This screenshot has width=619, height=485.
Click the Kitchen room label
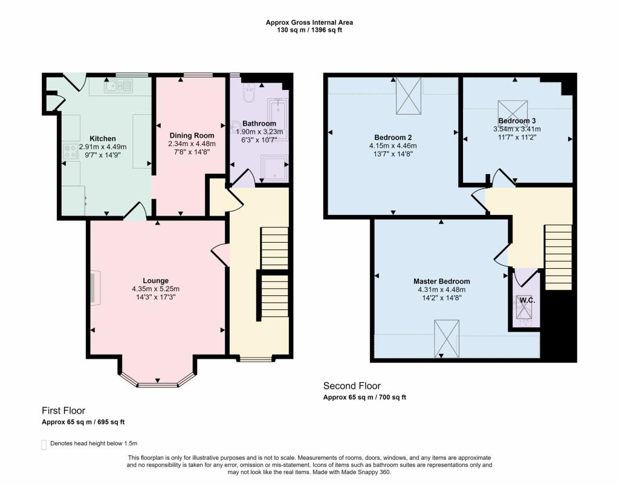(x=102, y=138)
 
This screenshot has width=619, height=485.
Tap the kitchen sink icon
(x=118, y=88)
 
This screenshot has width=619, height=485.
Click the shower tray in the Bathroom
(x=274, y=169)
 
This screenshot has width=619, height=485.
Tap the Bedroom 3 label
(x=517, y=121)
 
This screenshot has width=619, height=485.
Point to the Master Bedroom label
(x=441, y=281)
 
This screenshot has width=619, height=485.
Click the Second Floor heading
(x=352, y=386)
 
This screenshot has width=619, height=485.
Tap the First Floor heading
(x=63, y=411)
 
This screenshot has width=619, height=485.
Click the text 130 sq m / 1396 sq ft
(x=309, y=29)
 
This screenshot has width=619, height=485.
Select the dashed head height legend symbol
(x=44, y=445)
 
